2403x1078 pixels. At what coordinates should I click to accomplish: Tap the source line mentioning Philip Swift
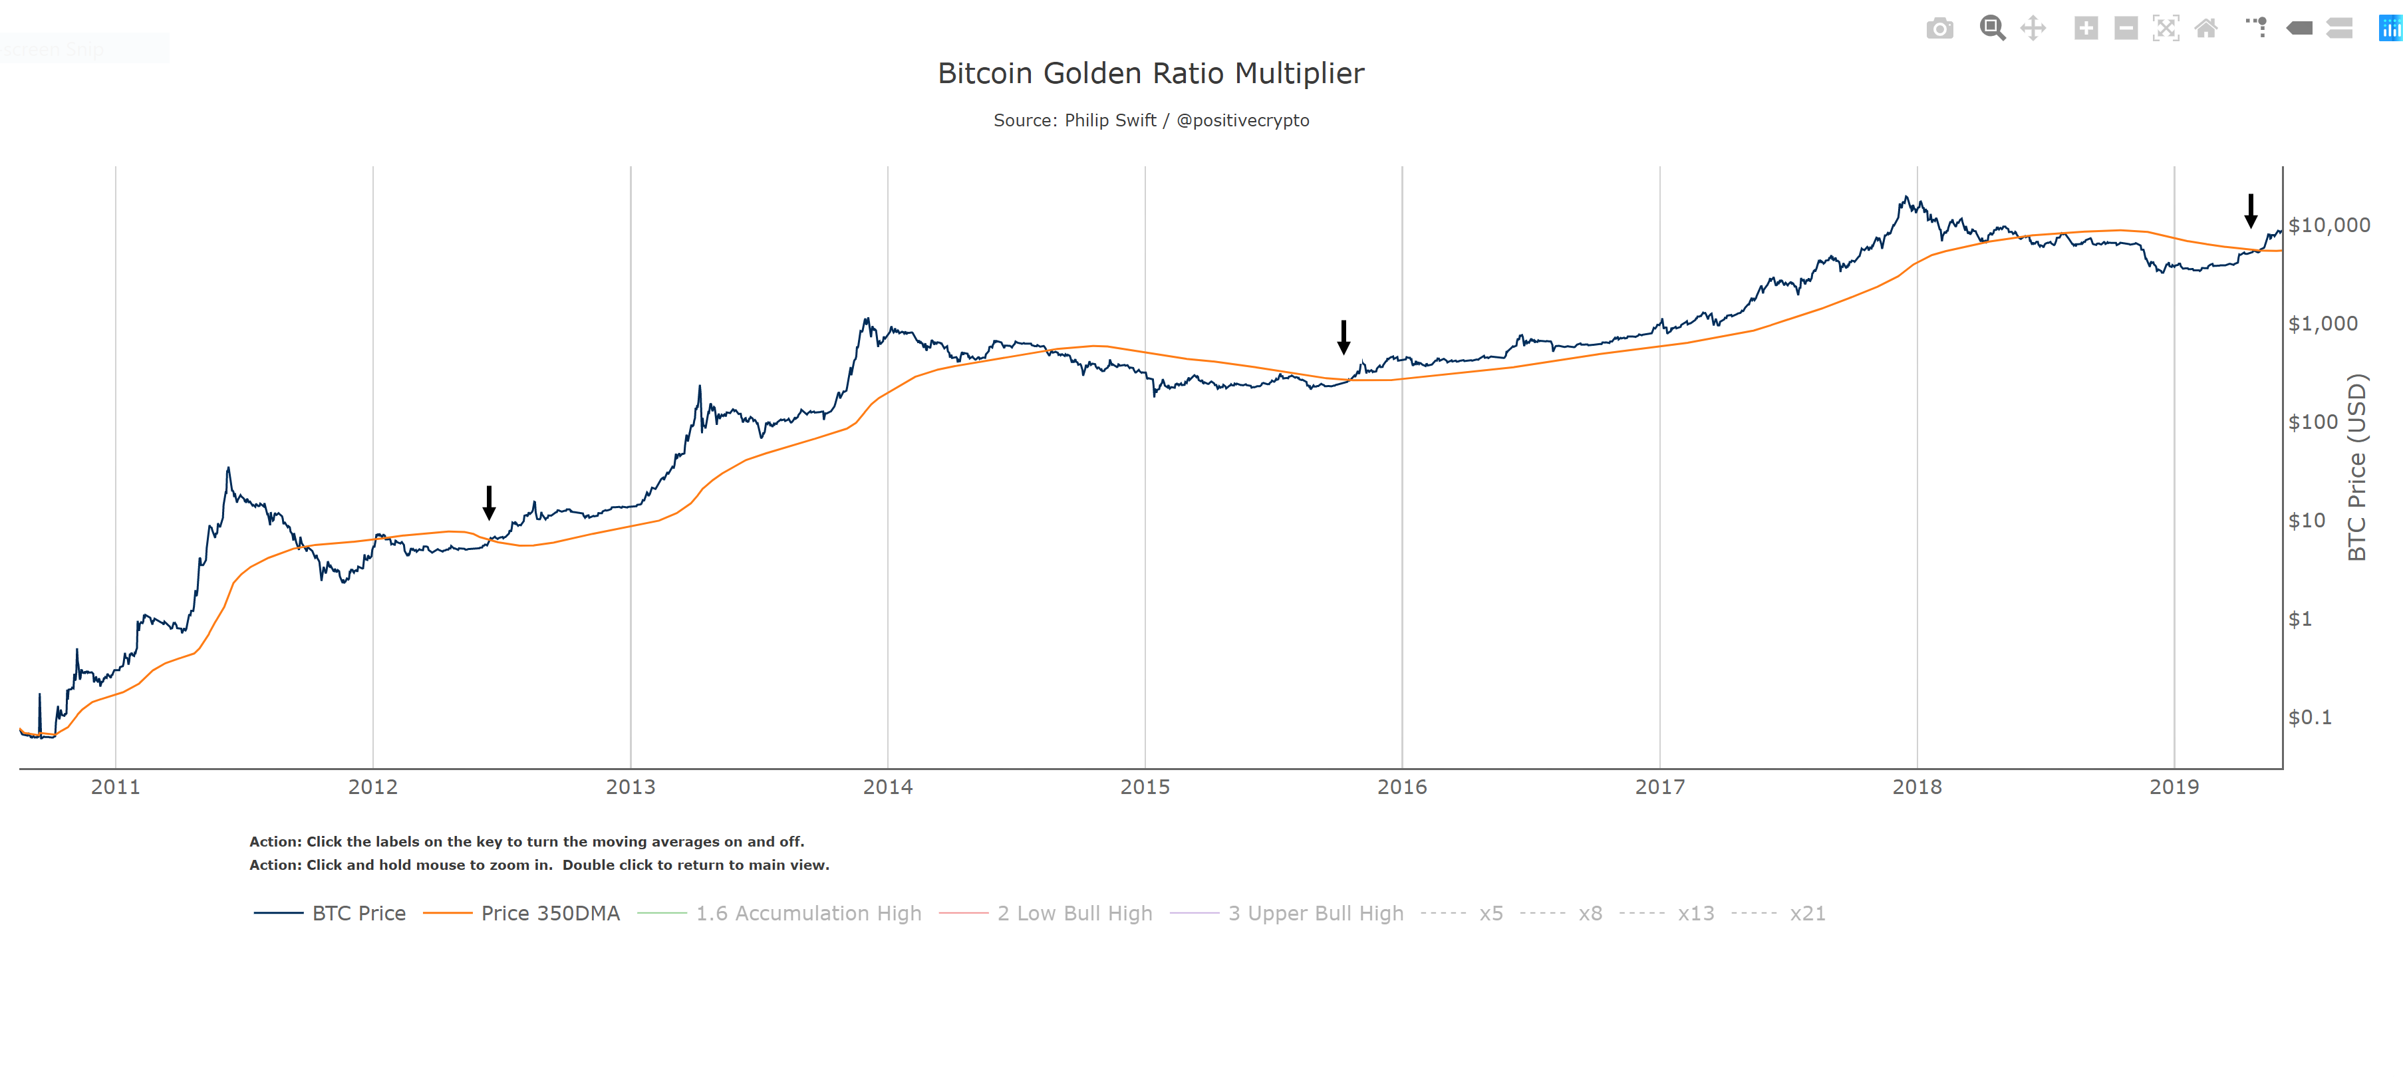tap(1150, 120)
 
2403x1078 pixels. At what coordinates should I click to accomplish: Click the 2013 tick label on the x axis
tap(631, 787)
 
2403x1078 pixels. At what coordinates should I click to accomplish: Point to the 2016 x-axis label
tap(1401, 787)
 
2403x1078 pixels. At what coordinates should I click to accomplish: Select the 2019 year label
tap(2173, 787)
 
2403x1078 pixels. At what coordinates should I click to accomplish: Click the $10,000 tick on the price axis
tap(2329, 225)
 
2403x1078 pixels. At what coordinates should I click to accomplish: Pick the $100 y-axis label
tap(2313, 422)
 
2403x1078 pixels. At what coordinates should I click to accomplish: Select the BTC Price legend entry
tap(358, 913)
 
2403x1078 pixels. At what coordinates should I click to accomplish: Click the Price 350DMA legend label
tap(549, 913)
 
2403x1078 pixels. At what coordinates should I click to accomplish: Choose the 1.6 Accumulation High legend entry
tap(808, 913)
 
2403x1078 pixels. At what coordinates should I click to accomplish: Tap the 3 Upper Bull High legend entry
tap(1316, 913)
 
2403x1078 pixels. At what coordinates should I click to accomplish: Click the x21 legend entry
tap(1807, 913)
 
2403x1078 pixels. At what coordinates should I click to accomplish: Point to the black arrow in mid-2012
tap(489, 503)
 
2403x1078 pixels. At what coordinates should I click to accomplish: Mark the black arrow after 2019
tap(2250, 211)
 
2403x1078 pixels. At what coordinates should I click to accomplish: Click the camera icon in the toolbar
tap(1939, 29)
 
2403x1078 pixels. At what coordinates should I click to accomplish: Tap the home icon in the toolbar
tap(2205, 29)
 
